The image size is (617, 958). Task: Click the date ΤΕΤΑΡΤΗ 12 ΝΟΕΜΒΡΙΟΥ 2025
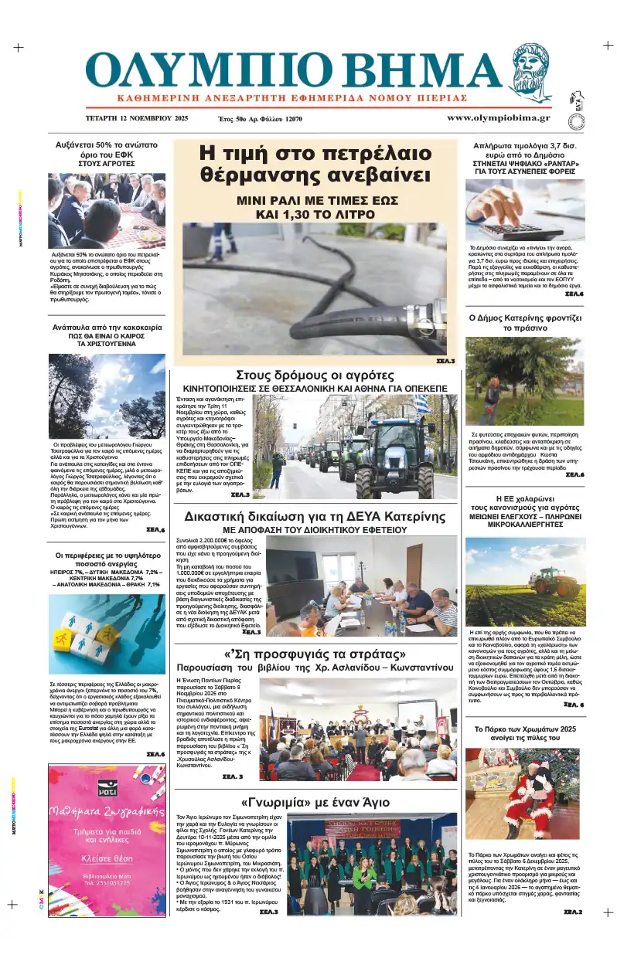[137, 119]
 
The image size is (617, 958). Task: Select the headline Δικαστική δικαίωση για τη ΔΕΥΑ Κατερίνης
[314, 517]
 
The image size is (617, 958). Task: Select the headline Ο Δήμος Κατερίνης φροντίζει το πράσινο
[525, 323]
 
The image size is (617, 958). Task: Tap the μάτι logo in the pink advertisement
[107, 787]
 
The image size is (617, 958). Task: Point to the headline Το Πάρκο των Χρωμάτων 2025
[525, 729]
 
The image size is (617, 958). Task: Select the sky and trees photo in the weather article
[107, 396]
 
